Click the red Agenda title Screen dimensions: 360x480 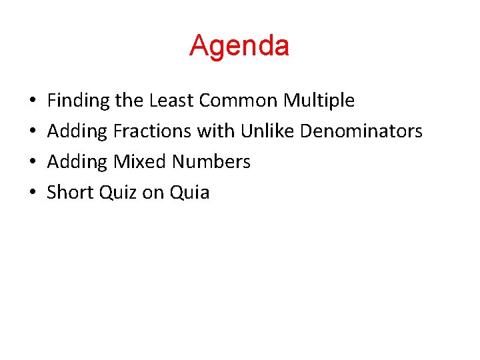pos(239,45)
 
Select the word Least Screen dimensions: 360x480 pos(172,101)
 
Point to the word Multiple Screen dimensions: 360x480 pos(319,101)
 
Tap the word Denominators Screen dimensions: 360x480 pos(361,131)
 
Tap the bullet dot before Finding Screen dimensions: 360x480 pos(33,101)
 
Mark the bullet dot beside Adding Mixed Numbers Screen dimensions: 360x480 pos(33,163)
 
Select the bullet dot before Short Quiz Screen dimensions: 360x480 pos(33,193)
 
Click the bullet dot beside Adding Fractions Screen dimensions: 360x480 pos(33,132)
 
